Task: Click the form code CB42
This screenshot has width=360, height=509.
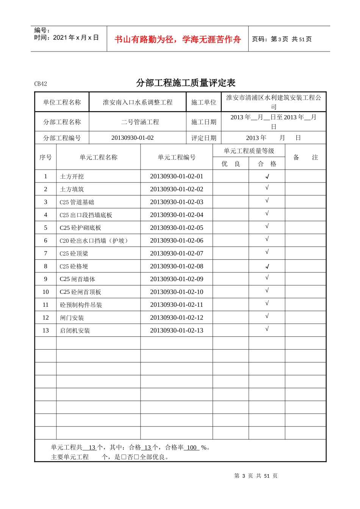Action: click(41, 84)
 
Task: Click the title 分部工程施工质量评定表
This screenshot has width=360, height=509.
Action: click(186, 83)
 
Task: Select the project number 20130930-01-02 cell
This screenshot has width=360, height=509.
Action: click(132, 138)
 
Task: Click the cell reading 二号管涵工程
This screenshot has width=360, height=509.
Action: click(140, 122)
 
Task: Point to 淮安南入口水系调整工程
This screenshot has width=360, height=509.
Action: click(138, 102)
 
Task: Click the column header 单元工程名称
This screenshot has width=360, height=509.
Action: click(99, 157)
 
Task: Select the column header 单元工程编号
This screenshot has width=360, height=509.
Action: click(177, 157)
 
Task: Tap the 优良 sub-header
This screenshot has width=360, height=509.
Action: click(231, 164)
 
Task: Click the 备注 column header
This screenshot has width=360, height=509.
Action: click(305, 157)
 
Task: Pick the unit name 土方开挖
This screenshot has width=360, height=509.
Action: click(72, 176)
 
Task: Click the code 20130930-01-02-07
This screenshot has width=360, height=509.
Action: click(177, 253)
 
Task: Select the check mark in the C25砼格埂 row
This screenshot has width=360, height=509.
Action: click(267, 266)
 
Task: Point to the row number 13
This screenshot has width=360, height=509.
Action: click(45, 330)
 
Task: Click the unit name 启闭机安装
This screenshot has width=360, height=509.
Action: click(75, 331)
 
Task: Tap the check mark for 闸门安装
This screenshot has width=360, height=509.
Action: click(267, 316)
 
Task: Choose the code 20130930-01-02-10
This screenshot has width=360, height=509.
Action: click(177, 292)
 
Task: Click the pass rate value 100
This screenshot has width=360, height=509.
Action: click(192, 447)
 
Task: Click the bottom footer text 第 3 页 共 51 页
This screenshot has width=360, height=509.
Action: click(256, 476)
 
